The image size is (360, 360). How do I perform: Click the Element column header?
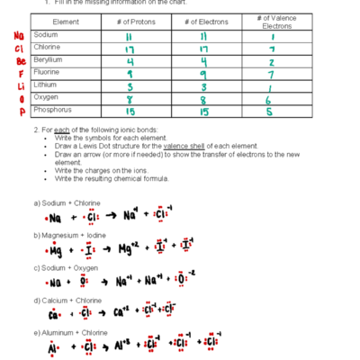[67, 21]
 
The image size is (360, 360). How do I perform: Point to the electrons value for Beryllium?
[204, 61]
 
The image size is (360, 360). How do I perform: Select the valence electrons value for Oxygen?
[270, 102]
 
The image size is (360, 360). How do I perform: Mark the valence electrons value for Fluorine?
[271, 75]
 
